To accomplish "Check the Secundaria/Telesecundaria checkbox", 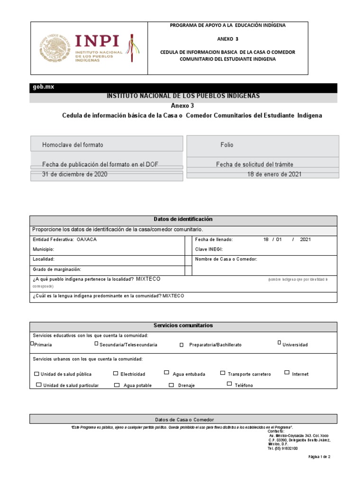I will (96, 344).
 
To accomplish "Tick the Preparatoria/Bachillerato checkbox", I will (182, 345).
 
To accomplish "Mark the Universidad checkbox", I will (279, 343).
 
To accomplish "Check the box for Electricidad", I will (116, 373).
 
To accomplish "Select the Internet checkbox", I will (287, 373).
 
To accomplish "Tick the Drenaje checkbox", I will (172, 385).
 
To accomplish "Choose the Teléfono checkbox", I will (229, 384).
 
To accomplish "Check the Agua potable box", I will (117, 385).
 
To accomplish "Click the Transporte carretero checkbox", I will (223, 373).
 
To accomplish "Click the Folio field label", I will (227, 144).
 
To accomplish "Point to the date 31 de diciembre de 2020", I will (75, 174).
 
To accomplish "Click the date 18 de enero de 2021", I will (274, 174).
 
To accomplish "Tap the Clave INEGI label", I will (209, 249).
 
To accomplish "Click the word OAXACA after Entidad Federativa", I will (87, 240).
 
